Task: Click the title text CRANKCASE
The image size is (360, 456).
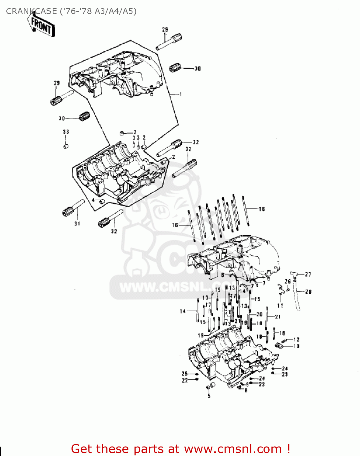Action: [32, 11]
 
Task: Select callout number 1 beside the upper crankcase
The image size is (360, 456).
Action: [180, 95]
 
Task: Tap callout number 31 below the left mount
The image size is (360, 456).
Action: [77, 223]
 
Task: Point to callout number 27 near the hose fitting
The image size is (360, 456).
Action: [308, 274]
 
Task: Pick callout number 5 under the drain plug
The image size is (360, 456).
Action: [209, 396]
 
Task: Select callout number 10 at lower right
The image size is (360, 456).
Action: [296, 346]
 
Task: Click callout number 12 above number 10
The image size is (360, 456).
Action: [296, 340]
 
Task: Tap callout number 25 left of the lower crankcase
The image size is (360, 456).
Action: [184, 374]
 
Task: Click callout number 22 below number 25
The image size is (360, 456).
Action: [185, 380]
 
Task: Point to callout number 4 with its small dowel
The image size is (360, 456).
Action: [94, 200]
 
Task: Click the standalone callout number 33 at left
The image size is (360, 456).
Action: [66, 132]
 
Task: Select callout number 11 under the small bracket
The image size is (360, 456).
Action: [280, 305]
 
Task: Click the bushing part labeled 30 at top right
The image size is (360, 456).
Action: [175, 67]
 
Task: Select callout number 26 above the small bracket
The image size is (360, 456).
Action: [288, 282]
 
